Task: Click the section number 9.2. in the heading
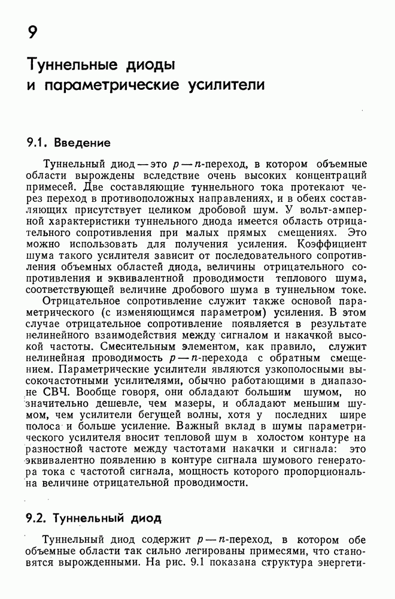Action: click(37, 518)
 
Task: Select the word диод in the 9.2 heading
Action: click(142, 518)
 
